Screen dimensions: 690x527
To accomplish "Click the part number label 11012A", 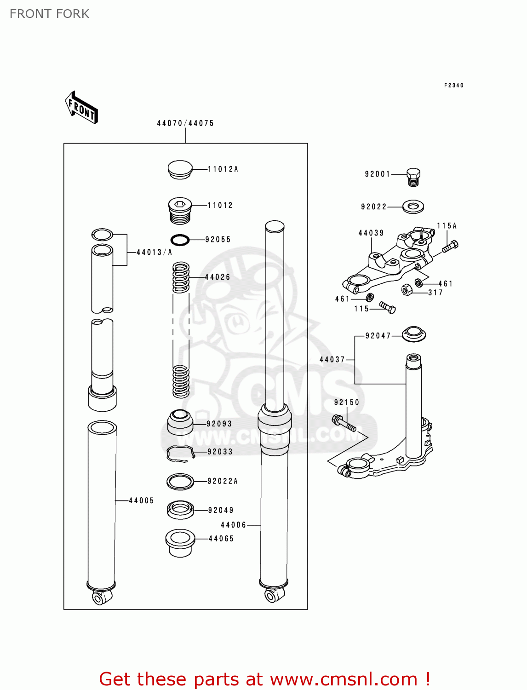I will tap(223, 169).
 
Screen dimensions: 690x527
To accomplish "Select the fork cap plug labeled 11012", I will tap(180, 211).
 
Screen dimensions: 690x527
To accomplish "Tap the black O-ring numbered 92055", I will tap(180, 240).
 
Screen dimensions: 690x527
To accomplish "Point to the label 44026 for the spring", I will tap(218, 277).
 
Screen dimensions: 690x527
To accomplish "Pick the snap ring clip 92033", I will tap(180, 453).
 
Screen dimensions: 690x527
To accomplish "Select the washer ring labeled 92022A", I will tap(180, 482).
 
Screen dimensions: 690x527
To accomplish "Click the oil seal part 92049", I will tap(180, 509).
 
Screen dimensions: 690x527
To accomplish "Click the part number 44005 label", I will tap(141, 500).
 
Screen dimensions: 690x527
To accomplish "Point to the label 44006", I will tap(234, 525).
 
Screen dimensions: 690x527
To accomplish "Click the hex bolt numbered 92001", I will tap(413, 177).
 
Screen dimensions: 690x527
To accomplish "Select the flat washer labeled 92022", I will tap(413, 207).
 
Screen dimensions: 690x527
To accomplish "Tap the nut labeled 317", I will tap(407, 290).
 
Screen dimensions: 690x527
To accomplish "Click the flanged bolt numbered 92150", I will tap(344, 423).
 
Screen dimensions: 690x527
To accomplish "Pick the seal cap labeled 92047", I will tap(413, 334).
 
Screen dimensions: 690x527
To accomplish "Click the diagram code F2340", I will tap(453, 85).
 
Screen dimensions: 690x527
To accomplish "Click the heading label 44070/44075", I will tap(185, 123).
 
